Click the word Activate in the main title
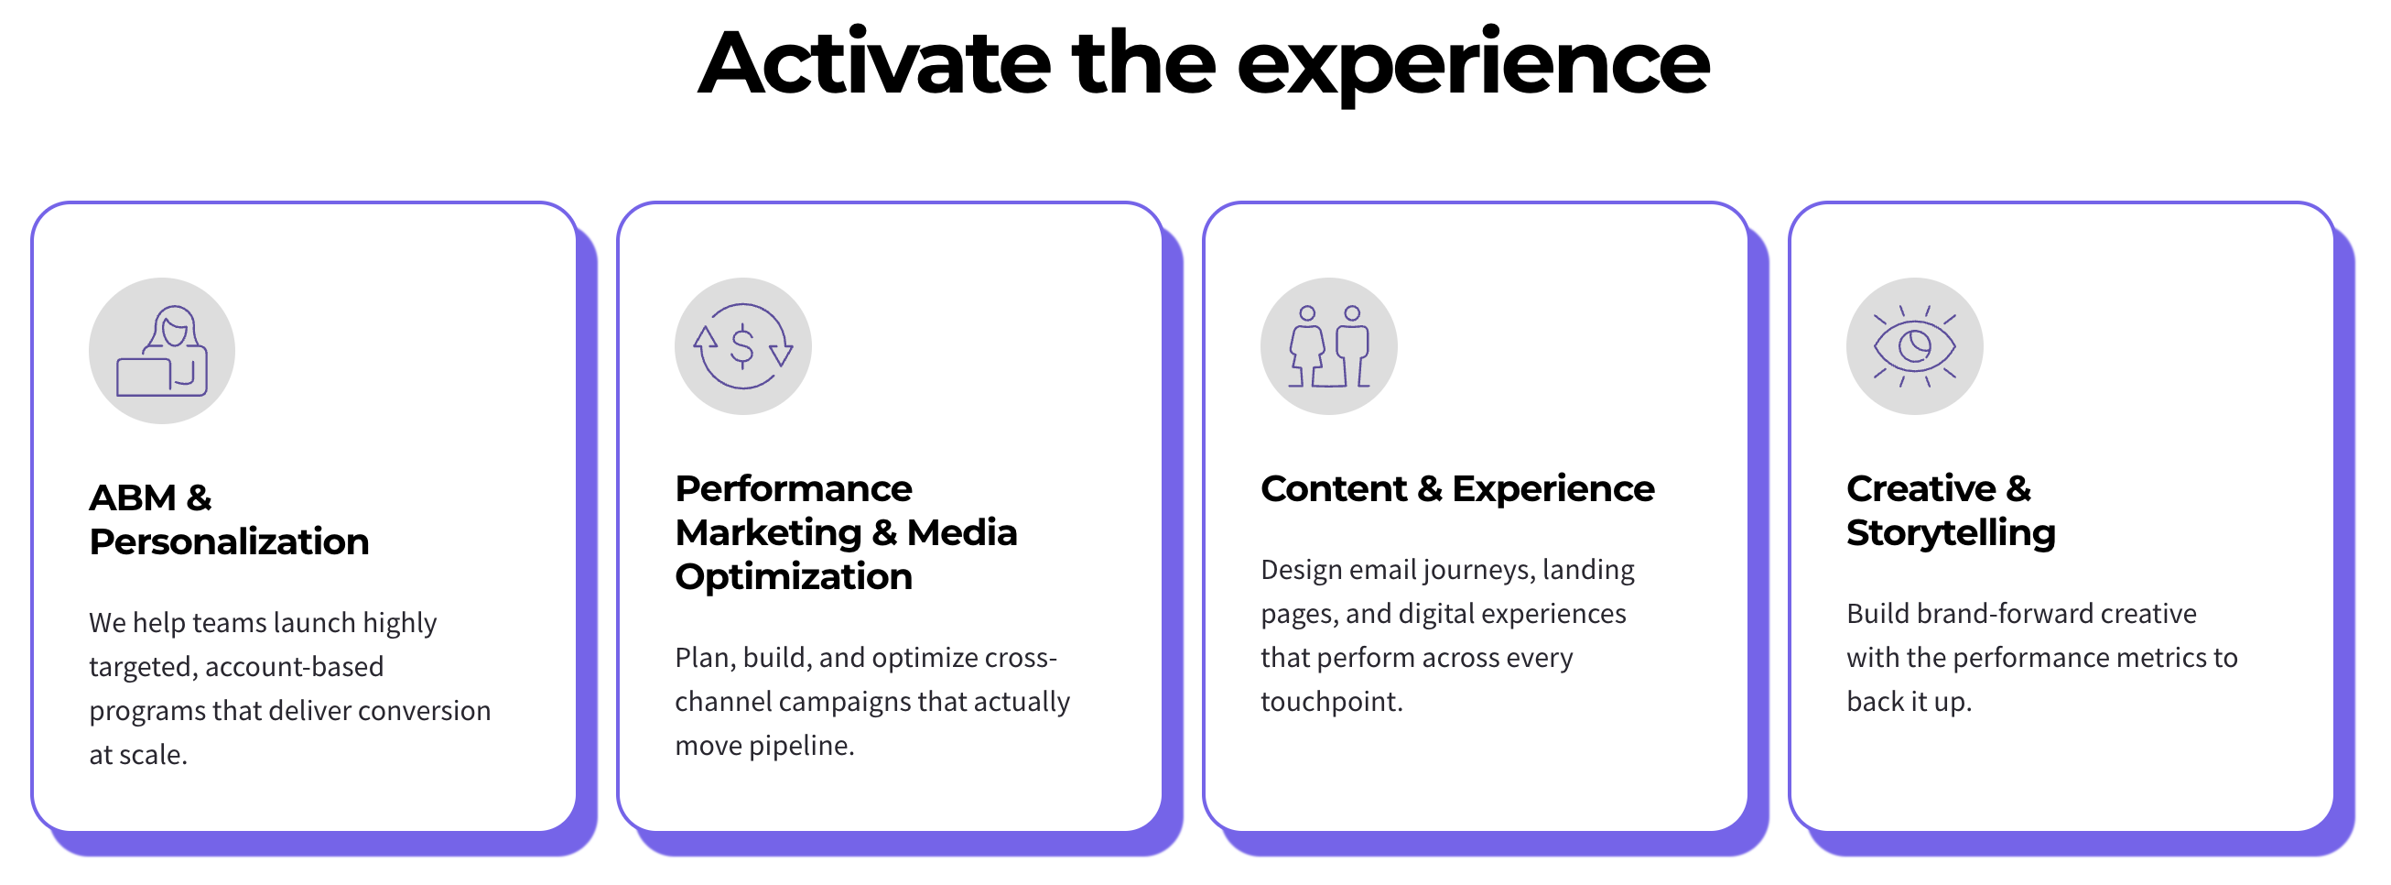[x=874, y=63]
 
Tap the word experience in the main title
[x=1473, y=65]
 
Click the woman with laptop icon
[x=161, y=351]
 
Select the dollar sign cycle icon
[x=742, y=346]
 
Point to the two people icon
[x=1329, y=346]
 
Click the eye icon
[x=1915, y=346]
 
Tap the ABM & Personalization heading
[x=229, y=520]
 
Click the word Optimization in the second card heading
[x=794, y=576]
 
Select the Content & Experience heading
[x=1457, y=488]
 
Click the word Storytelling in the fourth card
[x=1951, y=534]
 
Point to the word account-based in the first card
[x=294, y=667]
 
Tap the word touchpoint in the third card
[x=1331, y=702]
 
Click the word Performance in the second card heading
[x=794, y=488]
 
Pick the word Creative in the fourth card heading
[x=1921, y=488]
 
